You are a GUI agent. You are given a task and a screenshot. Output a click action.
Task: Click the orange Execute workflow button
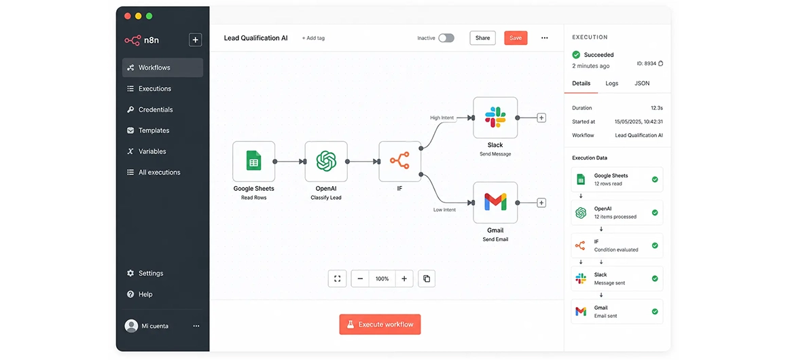pos(380,324)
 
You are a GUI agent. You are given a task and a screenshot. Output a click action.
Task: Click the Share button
pos(482,38)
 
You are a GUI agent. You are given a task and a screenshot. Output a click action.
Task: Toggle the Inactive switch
pos(446,38)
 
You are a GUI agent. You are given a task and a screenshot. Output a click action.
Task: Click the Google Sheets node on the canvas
pos(254,162)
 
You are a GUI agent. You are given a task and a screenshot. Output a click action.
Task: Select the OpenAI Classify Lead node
pos(325,162)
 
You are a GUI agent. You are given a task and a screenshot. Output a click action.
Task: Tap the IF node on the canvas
pos(399,162)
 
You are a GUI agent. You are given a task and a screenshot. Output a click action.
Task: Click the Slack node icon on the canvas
pos(495,117)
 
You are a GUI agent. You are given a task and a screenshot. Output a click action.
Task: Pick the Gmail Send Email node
pos(495,202)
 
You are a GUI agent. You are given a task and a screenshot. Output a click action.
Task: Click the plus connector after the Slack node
pos(541,118)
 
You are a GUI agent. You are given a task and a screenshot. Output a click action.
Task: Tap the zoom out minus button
pos(360,278)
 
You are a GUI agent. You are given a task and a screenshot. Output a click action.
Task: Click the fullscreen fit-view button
pos(337,278)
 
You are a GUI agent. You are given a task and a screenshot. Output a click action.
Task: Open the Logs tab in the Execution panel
pos(611,84)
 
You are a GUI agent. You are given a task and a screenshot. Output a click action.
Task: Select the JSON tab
pos(642,84)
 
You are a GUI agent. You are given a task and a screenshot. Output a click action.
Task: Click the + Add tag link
pos(313,38)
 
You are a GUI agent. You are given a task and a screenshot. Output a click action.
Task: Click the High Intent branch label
pos(442,118)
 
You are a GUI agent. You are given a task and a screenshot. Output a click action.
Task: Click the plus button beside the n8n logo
pos(195,39)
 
